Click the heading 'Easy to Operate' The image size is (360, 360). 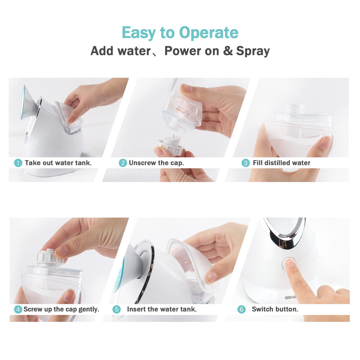pyautogui.click(x=180, y=33)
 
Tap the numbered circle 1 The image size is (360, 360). pyautogui.click(x=18, y=163)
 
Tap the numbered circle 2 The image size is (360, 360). pyautogui.click(x=122, y=163)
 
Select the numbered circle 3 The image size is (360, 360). pyautogui.click(x=246, y=163)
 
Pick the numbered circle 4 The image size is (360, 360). pyautogui.click(x=18, y=310)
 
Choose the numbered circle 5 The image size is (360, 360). pyautogui.click(x=117, y=310)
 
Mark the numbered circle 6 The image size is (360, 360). pyautogui.click(x=242, y=310)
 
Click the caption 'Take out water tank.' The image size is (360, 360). pyautogui.click(x=58, y=163)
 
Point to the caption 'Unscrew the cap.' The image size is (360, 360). pyautogui.click(x=156, y=163)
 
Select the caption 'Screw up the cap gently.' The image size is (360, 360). pyautogui.click(x=61, y=310)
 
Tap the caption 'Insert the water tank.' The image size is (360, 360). pyautogui.click(x=162, y=310)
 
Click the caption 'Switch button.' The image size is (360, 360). pyautogui.click(x=275, y=310)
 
